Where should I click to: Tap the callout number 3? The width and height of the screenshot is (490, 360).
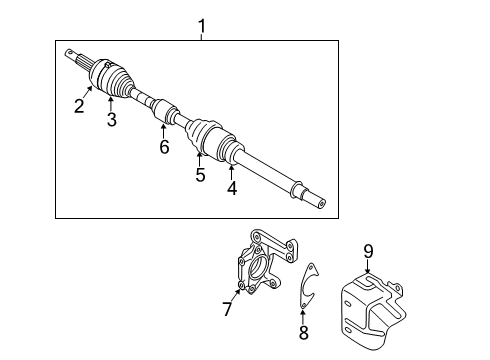point(111,120)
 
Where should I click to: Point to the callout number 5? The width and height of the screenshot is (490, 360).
point(200,175)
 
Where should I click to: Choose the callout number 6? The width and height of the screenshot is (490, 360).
point(164,147)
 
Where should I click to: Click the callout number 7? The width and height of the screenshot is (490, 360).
point(227,310)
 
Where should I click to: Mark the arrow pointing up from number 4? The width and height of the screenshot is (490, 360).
point(234,165)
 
